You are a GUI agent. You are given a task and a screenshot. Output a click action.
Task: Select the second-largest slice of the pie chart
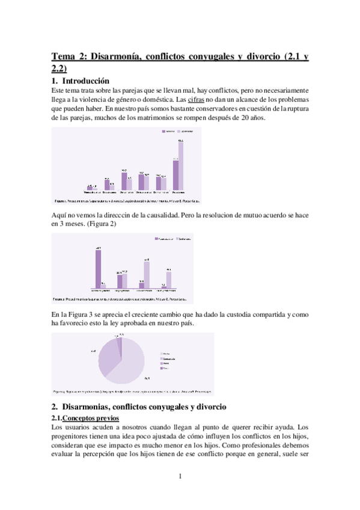[108, 357]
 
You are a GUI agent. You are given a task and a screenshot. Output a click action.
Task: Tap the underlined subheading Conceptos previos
[91, 418]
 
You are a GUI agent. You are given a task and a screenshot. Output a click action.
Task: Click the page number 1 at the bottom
[180, 476]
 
